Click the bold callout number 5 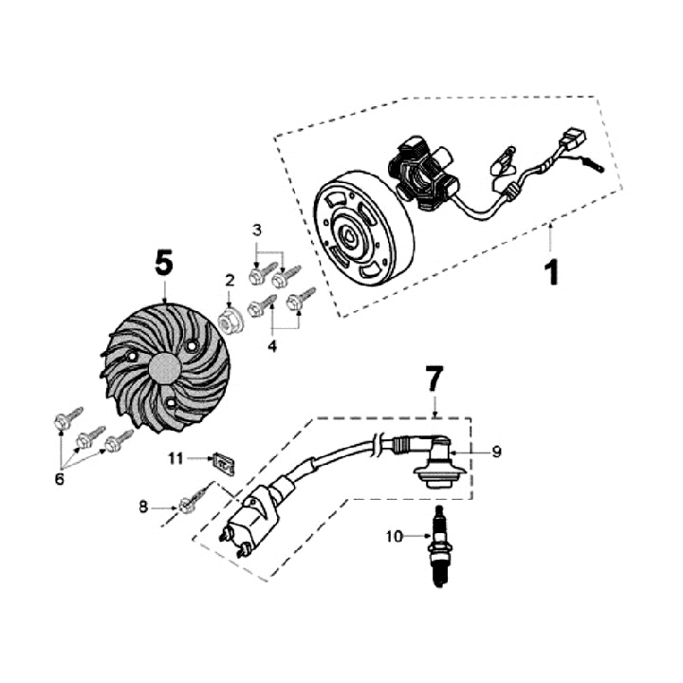164,263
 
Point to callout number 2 229,280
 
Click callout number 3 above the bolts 256,231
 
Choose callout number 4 272,346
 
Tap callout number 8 144,508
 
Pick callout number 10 394,536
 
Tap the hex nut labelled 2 230,321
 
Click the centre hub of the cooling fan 164,369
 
